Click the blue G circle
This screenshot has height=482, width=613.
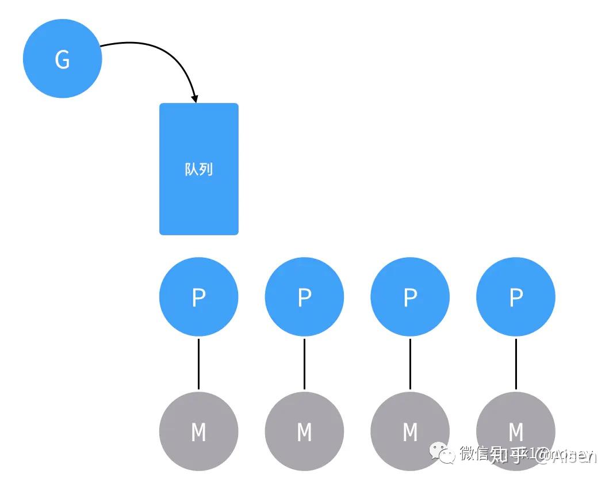62,59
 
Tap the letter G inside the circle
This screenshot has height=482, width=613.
62,59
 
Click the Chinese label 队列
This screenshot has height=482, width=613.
198,169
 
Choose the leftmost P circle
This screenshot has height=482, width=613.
198,297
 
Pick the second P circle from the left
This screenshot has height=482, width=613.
304,297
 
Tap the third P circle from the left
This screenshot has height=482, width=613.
410,297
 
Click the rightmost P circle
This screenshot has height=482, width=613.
516,297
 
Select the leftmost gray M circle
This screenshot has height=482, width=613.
198,431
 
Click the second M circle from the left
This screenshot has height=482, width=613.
304,431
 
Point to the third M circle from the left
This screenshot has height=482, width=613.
410,431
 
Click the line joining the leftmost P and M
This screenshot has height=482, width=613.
198,364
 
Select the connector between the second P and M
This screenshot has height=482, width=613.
304,364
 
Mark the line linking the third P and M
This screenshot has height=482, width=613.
410,364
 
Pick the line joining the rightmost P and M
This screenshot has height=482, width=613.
516,364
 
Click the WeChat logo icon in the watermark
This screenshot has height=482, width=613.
443,453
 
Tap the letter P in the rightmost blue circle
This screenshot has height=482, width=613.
516,297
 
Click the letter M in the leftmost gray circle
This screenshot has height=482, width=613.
198,432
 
